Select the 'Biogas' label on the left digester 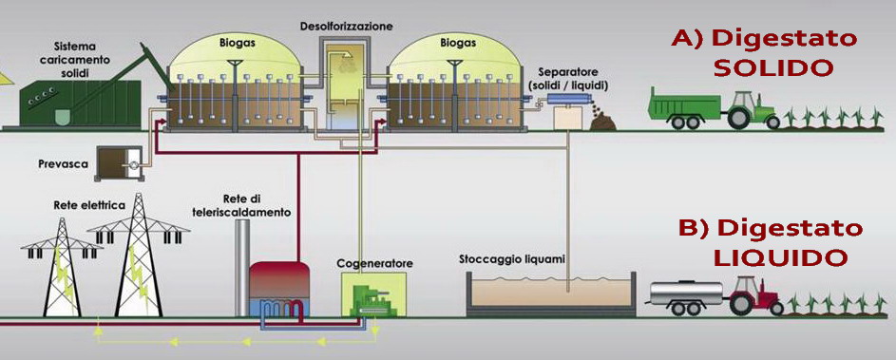pos(232,43)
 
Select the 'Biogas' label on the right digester pos(458,43)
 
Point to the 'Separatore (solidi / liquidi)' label pos(572,79)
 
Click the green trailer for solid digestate pos(682,105)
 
